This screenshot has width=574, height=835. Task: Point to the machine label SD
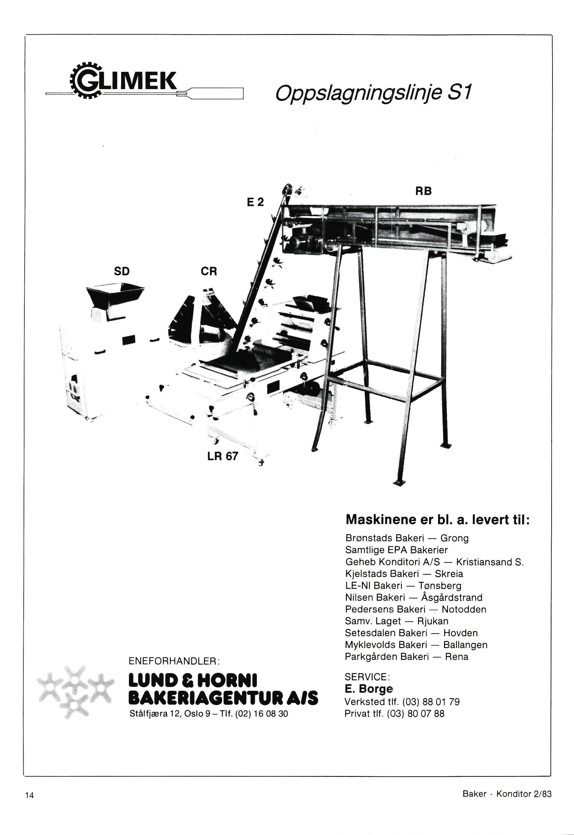pos(122,271)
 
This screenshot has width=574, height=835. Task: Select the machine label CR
pos(209,271)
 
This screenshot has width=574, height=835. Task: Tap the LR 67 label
pos(223,456)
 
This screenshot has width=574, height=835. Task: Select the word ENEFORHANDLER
pos(172,661)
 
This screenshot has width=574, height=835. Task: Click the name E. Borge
pos(368,689)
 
